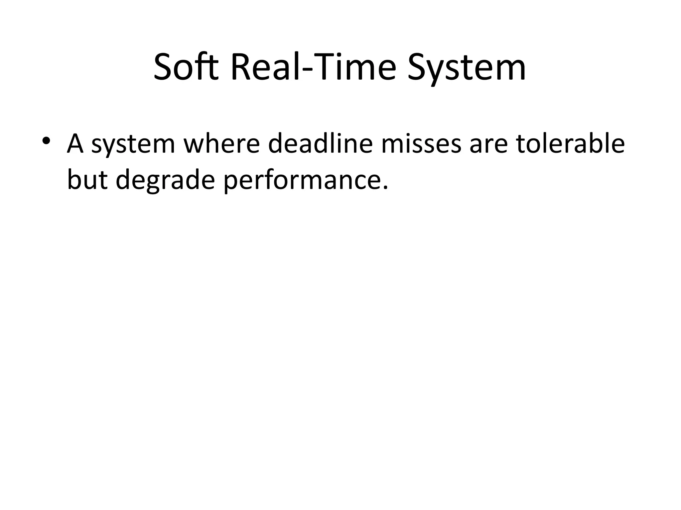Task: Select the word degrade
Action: click(x=165, y=181)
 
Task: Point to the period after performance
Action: click(x=385, y=188)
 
